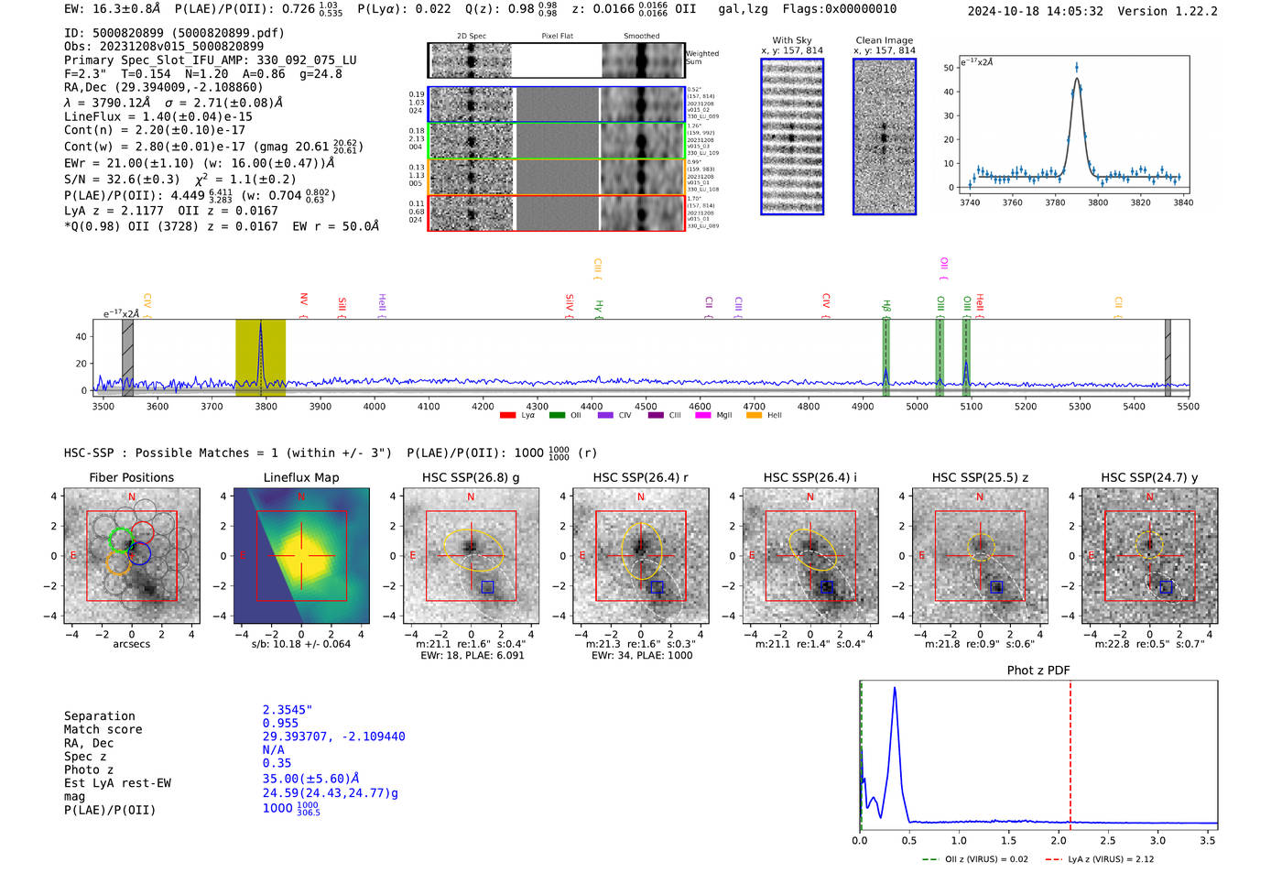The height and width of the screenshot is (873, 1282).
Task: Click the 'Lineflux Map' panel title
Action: click(300, 477)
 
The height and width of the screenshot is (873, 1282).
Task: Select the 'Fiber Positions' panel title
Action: click(131, 477)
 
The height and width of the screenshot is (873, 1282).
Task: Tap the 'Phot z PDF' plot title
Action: click(1038, 671)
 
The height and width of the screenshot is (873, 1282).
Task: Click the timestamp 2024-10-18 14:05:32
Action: click(1035, 12)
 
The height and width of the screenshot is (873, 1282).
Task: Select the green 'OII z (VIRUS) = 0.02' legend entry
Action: click(974, 859)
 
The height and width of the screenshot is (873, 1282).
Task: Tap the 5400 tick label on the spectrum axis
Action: click(1134, 407)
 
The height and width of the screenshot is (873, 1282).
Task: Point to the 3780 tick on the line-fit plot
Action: click(1055, 202)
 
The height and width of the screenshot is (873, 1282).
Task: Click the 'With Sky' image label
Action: click(792, 40)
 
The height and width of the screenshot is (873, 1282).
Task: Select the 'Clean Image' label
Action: click(884, 40)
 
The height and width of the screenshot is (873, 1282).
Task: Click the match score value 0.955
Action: click(280, 724)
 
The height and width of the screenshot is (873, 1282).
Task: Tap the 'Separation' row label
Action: click(99, 716)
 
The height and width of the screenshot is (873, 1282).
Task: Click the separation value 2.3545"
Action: click(288, 710)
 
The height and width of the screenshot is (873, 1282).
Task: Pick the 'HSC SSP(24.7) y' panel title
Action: click(1149, 477)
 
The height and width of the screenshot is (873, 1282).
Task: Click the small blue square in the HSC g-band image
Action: click(487, 586)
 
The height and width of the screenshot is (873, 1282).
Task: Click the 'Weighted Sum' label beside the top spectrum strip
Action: click(702, 58)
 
